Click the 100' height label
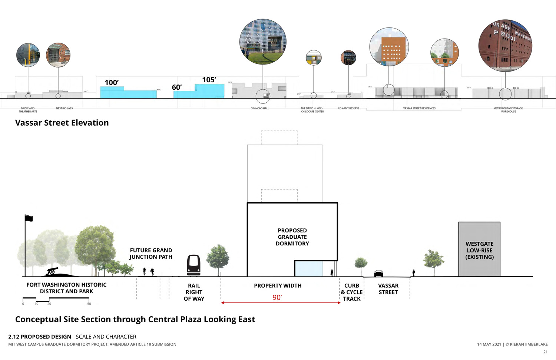coord(112,83)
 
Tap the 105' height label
coord(209,80)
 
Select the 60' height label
coord(177,87)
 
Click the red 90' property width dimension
coord(277,297)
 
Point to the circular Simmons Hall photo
coord(263,42)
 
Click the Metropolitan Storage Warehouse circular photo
coord(505,45)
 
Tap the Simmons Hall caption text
coord(260,108)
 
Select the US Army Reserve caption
coord(348,108)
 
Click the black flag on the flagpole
coord(29,218)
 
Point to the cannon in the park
coord(52,272)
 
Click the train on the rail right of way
coord(194,265)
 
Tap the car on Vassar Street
coord(378,273)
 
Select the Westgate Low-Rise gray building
coord(479,249)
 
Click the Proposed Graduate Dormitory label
coord(292,237)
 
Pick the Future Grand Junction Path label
coord(151,254)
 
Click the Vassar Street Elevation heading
coord(62,123)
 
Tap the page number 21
coord(545,352)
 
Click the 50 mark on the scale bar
coord(89,304)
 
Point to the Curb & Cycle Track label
coord(352,292)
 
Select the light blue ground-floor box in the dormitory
coord(309,269)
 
